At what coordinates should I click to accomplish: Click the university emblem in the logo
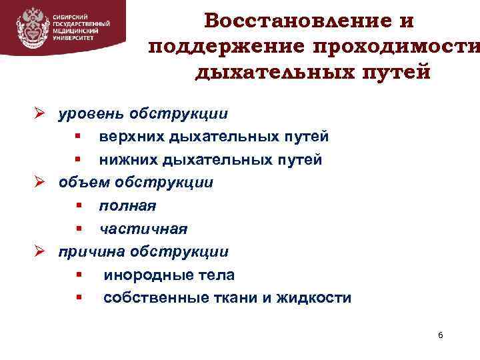(31, 27)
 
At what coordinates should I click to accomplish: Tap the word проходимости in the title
(400, 47)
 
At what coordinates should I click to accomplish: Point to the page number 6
(440, 334)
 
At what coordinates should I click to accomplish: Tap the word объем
(85, 182)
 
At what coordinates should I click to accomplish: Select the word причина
(93, 251)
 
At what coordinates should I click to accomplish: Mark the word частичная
(143, 229)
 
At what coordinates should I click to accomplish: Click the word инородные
(141, 275)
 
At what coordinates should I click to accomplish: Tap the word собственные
(149, 297)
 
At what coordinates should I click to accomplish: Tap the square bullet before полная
(78, 206)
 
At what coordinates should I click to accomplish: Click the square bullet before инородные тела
(78, 275)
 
